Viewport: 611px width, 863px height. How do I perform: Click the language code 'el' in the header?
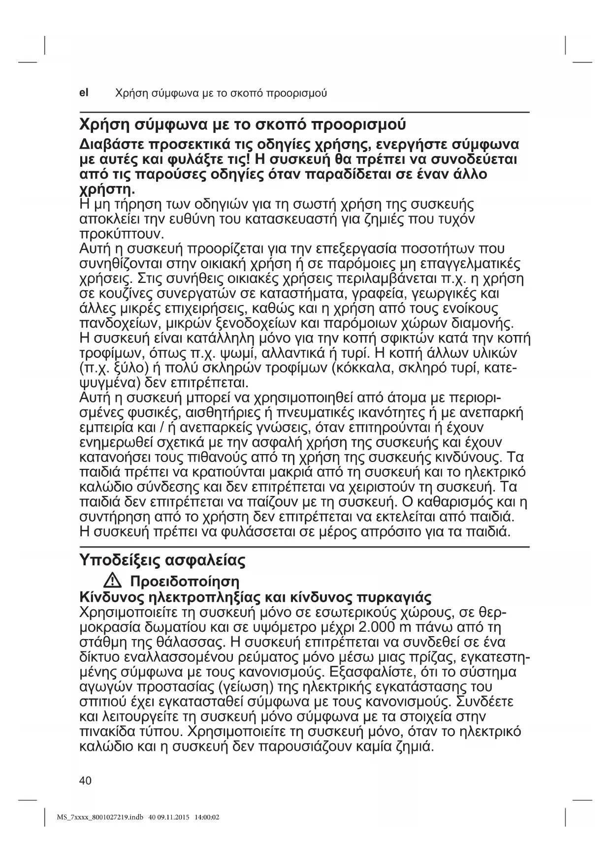click(x=84, y=92)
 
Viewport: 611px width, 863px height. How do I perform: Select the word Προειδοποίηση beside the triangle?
click(x=184, y=582)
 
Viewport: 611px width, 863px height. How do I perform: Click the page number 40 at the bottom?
click(x=85, y=780)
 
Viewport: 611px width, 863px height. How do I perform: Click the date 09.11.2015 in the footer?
click(x=173, y=817)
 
